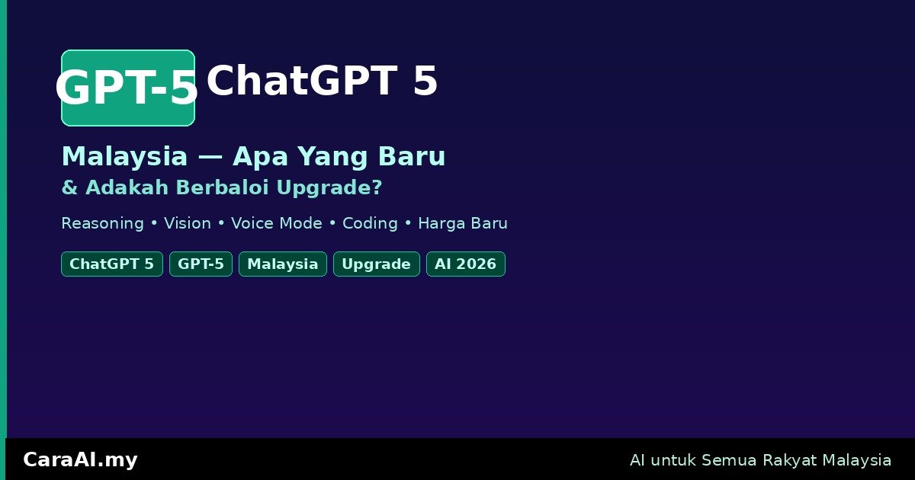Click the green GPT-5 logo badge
point(128,88)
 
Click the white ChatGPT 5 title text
point(323,81)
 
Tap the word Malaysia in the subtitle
point(124,156)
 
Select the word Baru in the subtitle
point(412,156)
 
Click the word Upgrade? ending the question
point(329,187)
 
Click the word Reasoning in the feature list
point(102,224)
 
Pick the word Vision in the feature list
point(188,223)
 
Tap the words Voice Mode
point(277,223)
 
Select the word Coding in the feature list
point(370,224)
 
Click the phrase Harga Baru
point(463,224)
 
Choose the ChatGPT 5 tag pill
point(112,264)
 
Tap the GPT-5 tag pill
point(201,264)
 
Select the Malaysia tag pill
point(283,264)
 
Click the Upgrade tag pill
point(376,264)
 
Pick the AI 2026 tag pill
point(466,264)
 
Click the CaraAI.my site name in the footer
point(81,460)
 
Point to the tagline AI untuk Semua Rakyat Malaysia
point(761,460)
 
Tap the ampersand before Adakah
point(69,187)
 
